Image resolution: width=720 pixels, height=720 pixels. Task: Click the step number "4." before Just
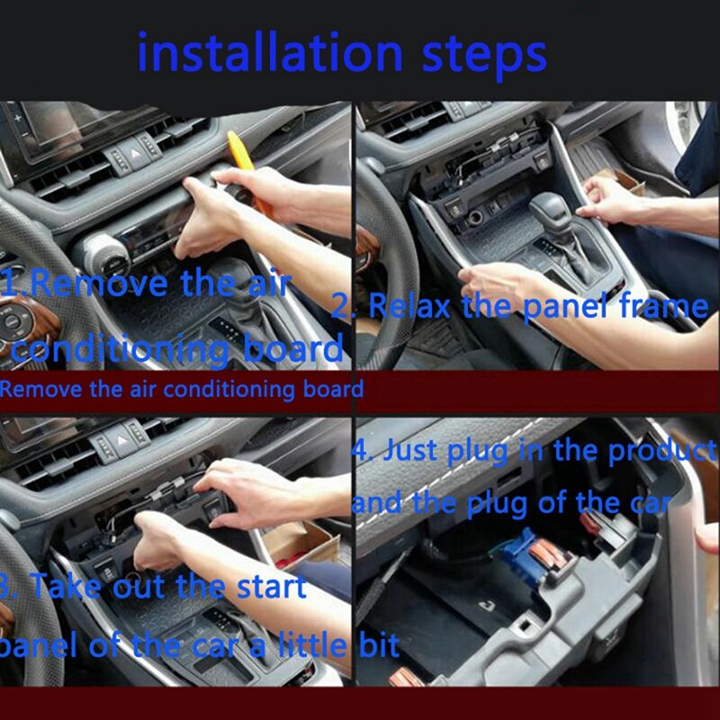[x=362, y=450]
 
